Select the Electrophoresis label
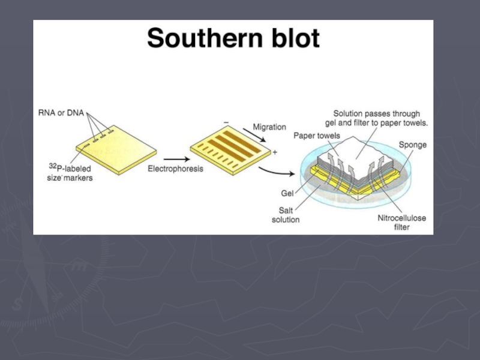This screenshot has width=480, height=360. (175, 169)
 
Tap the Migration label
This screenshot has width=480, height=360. (269, 127)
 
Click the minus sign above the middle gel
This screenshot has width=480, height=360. (226, 122)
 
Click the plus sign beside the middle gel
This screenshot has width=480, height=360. (275, 152)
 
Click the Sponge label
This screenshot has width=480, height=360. (412, 145)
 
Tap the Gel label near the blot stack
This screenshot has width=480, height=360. (286, 193)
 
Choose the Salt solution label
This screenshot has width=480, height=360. (285, 215)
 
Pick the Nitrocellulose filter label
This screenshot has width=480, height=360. (401, 222)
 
